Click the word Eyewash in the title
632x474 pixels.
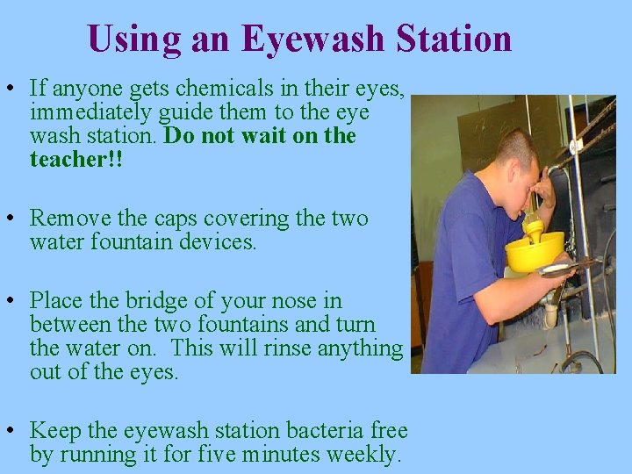click(x=314, y=39)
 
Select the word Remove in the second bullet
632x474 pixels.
click(x=66, y=218)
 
